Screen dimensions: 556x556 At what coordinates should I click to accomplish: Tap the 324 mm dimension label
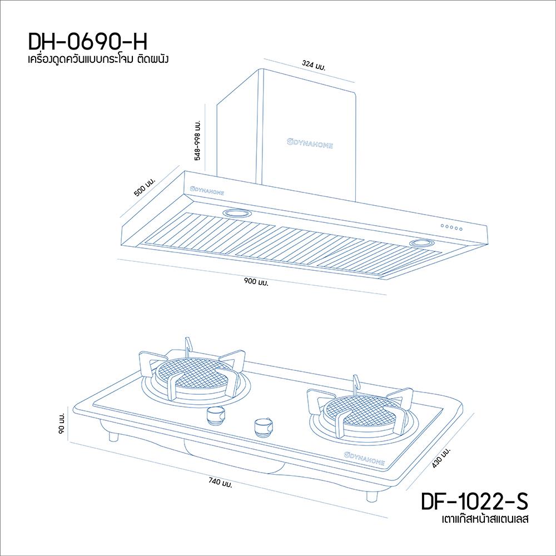[x=314, y=66]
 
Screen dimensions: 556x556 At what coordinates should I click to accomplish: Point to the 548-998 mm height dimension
[x=197, y=139]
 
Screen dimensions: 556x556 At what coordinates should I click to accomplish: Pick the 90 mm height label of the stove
[x=62, y=424]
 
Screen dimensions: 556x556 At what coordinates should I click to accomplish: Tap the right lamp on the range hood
[x=423, y=244]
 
